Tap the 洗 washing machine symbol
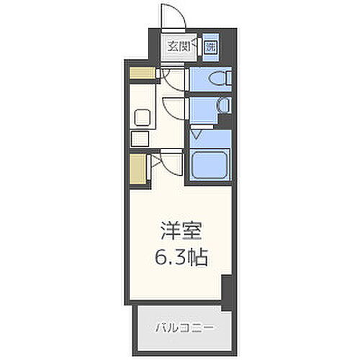click(210, 48)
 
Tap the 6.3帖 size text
click(181, 255)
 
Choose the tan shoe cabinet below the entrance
click(143, 72)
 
